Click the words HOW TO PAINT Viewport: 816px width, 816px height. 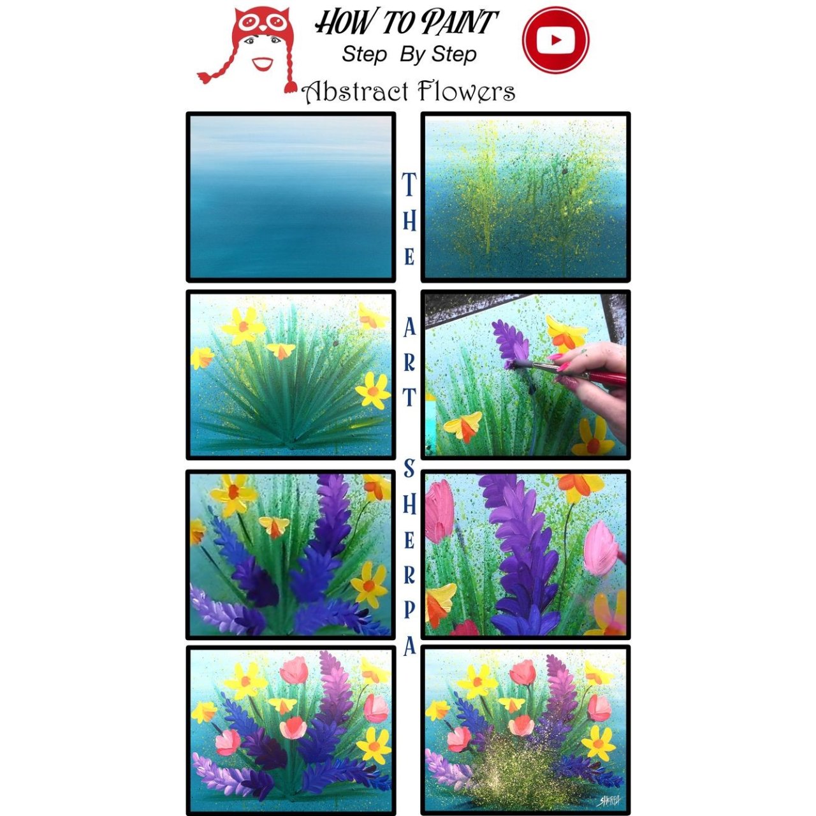point(407,22)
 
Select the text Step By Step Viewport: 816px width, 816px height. point(409,54)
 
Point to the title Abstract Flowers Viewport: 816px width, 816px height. point(409,91)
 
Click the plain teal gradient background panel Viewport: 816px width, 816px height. point(291,197)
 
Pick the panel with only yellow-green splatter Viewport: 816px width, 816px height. point(525,197)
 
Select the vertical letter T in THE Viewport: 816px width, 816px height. point(409,185)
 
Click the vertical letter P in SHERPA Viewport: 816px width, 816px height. point(409,610)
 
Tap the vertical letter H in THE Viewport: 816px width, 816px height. point(409,221)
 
